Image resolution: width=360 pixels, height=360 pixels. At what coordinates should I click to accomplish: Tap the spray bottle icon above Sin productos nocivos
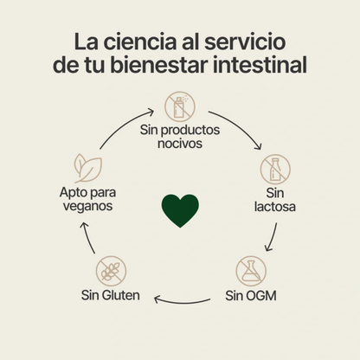pos(180,107)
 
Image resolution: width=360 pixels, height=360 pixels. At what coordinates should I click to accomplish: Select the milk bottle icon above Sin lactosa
pos(275,169)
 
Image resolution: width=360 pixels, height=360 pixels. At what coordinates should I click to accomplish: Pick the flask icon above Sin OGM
pos(251,270)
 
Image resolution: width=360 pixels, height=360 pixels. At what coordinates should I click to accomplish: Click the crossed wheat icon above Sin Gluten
pos(111,270)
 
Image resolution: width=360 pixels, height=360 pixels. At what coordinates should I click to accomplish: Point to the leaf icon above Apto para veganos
pos(87,167)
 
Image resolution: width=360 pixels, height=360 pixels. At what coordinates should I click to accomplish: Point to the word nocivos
pos(180,144)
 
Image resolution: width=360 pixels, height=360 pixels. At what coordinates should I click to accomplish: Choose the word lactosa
pos(275,207)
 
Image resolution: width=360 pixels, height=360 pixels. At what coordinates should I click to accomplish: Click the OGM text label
pos(261,295)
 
